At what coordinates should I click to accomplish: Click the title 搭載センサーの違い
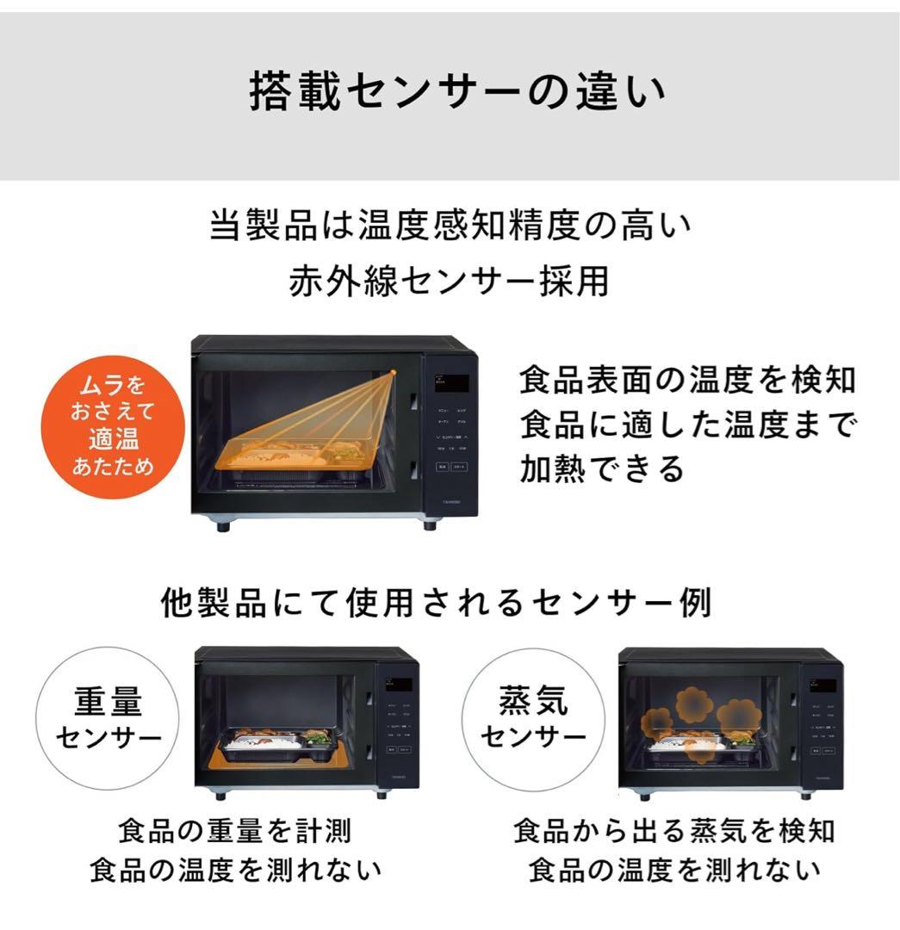click(457, 92)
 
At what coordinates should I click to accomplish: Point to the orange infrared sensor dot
click(392, 372)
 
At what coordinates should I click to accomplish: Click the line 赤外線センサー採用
click(449, 282)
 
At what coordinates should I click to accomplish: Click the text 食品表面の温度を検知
click(687, 380)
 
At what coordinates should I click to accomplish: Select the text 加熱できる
click(601, 469)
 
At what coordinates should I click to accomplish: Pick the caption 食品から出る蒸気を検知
click(674, 832)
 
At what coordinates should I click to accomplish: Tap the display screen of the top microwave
click(451, 381)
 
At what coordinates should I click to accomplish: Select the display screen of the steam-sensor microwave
click(822, 685)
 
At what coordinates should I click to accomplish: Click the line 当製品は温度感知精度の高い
click(450, 227)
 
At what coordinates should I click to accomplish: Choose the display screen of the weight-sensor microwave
click(398, 685)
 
